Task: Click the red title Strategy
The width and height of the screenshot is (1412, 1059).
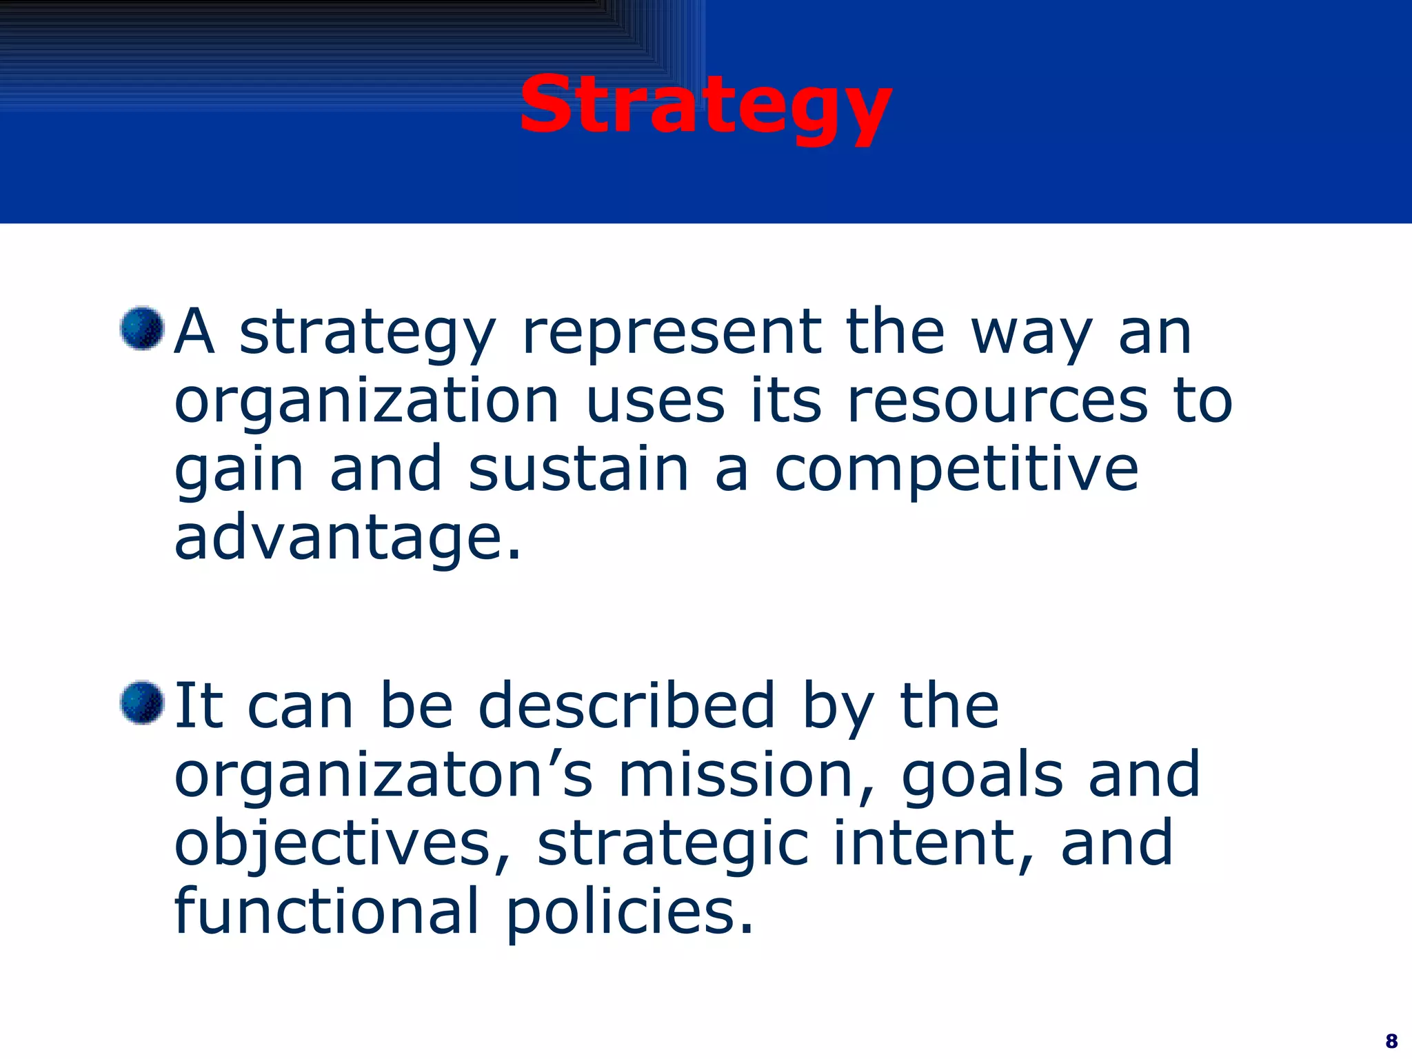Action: (705, 107)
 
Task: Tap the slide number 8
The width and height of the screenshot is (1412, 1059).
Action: (1391, 1040)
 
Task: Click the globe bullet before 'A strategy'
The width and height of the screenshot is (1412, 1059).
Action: (141, 329)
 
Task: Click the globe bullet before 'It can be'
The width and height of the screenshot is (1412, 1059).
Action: (141, 703)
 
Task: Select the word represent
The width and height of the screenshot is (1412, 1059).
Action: (672, 334)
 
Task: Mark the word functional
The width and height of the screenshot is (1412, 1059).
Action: (327, 911)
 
